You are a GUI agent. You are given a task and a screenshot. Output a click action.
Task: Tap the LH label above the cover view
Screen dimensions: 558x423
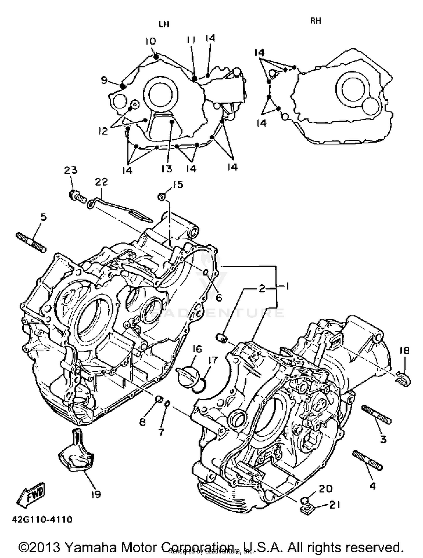[x=164, y=24]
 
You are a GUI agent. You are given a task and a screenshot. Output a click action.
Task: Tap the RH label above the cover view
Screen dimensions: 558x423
[x=316, y=21]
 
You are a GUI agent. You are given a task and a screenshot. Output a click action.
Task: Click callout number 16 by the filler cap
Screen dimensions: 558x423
[x=197, y=349]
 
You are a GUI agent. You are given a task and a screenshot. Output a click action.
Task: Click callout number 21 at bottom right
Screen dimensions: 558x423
[x=335, y=505]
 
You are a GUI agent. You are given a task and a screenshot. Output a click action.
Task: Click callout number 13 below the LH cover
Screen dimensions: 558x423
[x=167, y=169]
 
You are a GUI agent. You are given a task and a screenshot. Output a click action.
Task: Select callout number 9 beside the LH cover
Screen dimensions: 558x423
[x=104, y=81]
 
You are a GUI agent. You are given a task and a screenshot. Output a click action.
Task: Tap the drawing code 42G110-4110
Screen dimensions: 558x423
[x=42, y=519]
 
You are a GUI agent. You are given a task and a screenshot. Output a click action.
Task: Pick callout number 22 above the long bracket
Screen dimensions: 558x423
[x=101, y=182]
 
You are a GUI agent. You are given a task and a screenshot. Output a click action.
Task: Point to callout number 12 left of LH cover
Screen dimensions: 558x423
[x=103, y=131]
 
